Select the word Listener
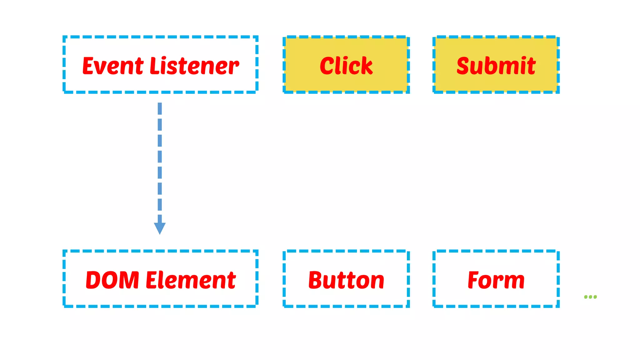(194, 66)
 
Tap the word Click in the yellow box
(346, 66)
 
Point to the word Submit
(496, 66)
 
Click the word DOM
(112, 280)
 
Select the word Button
(346, 280)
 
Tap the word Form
(496, 280)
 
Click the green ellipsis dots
(590, 297)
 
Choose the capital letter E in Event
(89, 66)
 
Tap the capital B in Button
(316, 280)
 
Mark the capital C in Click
(328, 66)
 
